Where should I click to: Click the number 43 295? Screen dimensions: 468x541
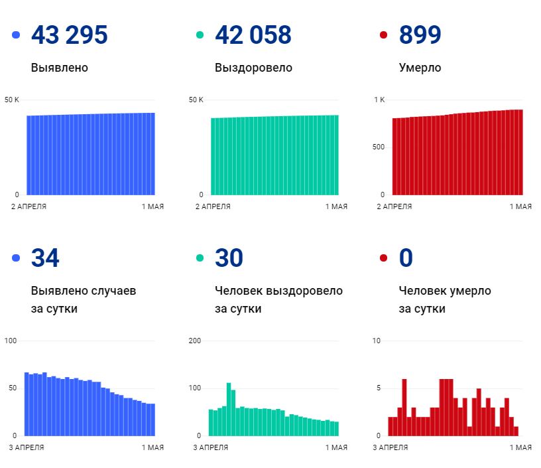click(69, 35)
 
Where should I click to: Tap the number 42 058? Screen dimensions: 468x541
click(253, 35)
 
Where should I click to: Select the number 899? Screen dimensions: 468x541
click(420, 35)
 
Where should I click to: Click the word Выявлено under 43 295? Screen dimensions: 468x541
click(59, 68)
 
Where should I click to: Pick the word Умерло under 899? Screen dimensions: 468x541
click(420, 68)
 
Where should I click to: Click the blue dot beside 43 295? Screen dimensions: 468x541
click(16, 35)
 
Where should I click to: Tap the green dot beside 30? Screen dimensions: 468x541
click(200, 258)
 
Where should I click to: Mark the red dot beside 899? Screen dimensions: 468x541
click(383, 35)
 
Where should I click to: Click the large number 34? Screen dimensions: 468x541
click(45, 258)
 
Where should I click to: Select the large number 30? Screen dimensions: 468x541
click(229, 258)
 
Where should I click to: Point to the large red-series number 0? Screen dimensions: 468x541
click(406, 258)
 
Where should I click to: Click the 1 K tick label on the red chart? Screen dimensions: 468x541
click(379, 100)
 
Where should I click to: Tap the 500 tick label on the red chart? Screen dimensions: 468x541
click(378, 147)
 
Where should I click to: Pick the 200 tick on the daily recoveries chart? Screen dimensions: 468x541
click(195, 341)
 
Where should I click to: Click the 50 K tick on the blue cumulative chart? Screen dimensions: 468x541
click(12, 100)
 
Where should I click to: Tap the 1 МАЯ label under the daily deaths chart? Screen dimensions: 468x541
click(520, 447)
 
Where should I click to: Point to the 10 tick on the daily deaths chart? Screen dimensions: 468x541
click(377, 341)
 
